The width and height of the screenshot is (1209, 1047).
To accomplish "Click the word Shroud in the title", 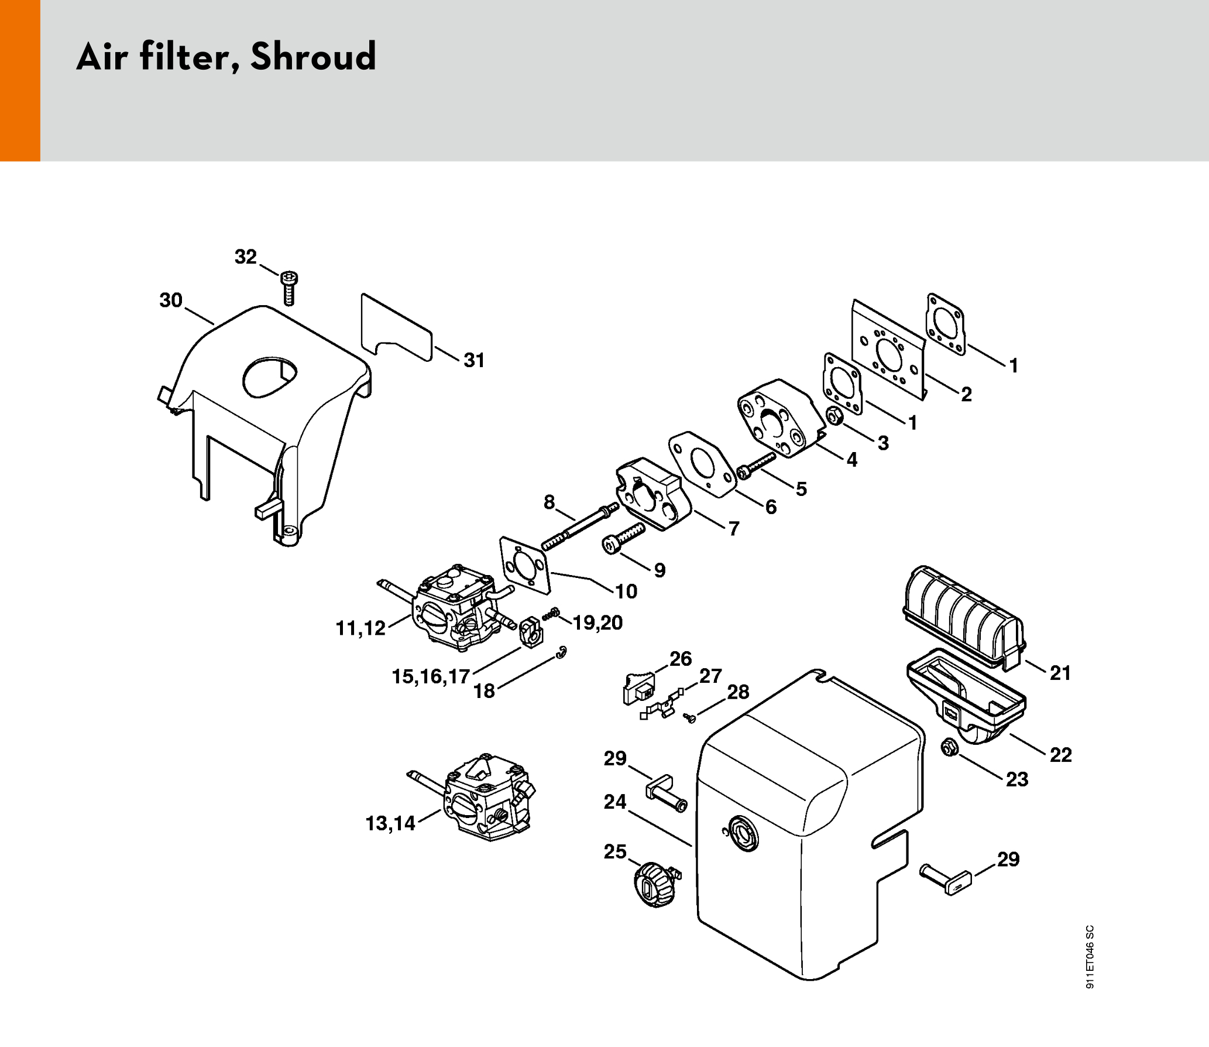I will click(313, 57).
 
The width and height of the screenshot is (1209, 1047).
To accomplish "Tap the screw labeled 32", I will click(289, 288).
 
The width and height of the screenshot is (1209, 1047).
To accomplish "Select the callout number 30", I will click(171, 300).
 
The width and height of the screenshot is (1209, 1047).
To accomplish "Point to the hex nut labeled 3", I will click(835, 416).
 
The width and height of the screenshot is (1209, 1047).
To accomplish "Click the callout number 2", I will click(966, 394).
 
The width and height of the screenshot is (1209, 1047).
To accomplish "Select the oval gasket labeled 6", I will click(702, 464).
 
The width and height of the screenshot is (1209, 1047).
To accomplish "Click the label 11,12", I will click(360, 628).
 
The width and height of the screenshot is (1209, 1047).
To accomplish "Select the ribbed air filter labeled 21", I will click(964, 617).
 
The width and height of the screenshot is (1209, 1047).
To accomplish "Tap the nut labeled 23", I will click(949, 748).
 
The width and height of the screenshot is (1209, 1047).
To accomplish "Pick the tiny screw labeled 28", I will click(690, 717).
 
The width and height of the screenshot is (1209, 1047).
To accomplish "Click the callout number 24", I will click(615, 802).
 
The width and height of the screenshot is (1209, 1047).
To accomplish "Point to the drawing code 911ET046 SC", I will click(1090, 957).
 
